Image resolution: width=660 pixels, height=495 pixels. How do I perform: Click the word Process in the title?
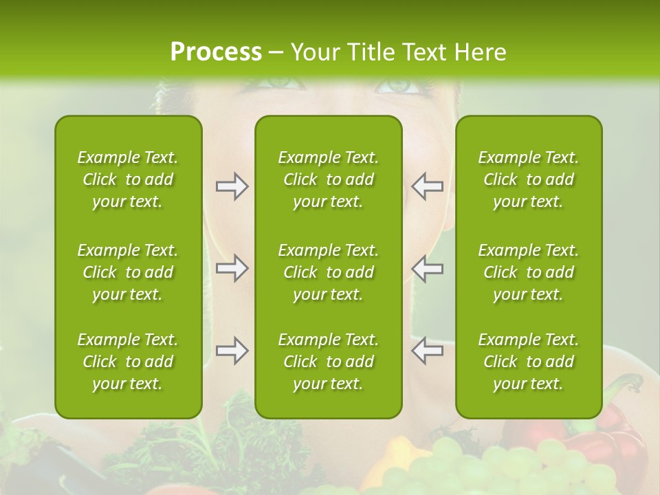tap(216, 52)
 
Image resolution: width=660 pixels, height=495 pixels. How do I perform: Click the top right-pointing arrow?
tap(232, 186)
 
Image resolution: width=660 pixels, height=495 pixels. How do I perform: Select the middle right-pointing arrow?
tap(232, 267)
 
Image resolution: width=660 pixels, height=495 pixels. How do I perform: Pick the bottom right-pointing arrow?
tap(232, 351)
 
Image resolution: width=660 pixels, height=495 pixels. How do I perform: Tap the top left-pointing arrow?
tap(427, 186)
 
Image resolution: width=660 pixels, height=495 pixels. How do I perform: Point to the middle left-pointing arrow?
tap(427, 267)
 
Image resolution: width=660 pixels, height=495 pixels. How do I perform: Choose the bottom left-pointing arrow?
tap(427, 351)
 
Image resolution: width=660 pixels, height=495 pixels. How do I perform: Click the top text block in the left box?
tap(128, 179)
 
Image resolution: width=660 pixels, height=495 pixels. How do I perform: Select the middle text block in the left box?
tap(128, 272)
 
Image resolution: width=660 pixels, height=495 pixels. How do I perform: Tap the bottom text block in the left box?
tap(128, 362)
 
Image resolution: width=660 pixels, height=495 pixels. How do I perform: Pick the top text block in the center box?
tap(328, 179)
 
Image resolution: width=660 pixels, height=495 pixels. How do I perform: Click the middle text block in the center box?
tap(328, 272)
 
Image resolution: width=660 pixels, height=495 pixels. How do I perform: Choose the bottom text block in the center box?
tap(328, 362)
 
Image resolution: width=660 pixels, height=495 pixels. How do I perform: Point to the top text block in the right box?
tap(528, 179)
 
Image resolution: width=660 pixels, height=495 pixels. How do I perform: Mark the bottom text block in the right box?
tap(528, 362)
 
